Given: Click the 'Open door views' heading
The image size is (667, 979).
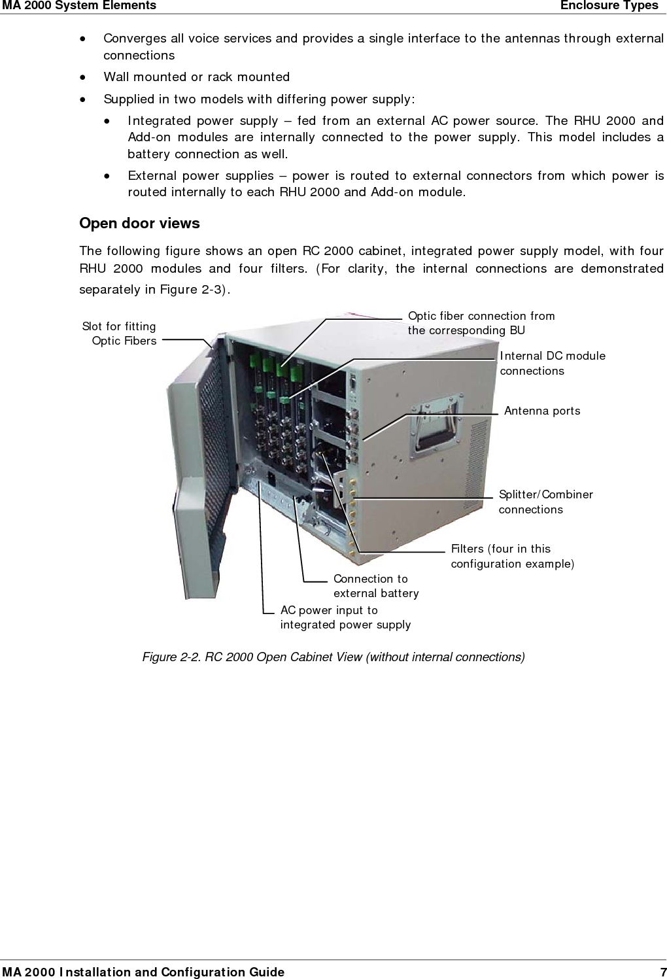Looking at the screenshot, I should coord(139,224).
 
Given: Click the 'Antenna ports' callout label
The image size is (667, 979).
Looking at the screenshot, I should coord(541,411).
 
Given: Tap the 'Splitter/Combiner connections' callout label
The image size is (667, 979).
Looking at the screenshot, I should coord(545,502).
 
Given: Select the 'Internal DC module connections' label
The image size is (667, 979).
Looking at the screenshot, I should coord(552,363).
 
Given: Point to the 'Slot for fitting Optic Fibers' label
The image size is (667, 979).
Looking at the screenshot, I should coord(120,333).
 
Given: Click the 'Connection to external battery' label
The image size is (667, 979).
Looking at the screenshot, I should coord(375,586).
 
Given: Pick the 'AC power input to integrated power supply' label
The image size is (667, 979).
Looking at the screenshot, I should coord(345,617).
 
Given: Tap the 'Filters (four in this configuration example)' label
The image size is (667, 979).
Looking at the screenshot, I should coord(512,556).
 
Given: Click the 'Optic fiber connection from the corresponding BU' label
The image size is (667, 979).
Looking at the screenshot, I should coord(481,323).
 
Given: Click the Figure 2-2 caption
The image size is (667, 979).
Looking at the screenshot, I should coord(333,657).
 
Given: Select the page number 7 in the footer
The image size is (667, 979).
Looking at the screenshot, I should coord(662,972).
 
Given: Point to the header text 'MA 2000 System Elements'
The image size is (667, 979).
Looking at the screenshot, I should coord(78,6).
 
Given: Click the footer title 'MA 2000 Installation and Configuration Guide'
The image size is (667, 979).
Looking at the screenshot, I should coord(143,972).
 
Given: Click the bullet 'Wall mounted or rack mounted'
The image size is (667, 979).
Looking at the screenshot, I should coord(196,77).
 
